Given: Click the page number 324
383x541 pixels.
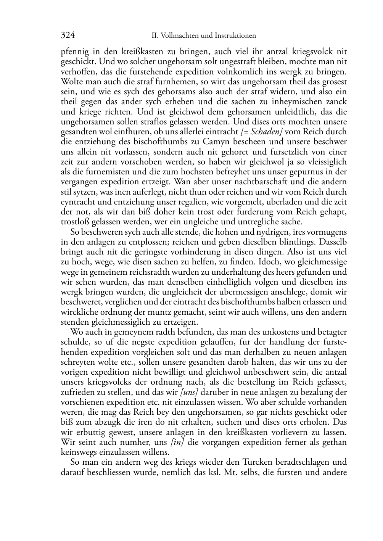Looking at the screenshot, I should point(68,35).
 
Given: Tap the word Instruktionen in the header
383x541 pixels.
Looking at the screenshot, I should point(235,36).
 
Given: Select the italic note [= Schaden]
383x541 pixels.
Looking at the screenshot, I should point(261,132).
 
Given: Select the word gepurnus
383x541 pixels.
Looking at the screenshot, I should point(309,172).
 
